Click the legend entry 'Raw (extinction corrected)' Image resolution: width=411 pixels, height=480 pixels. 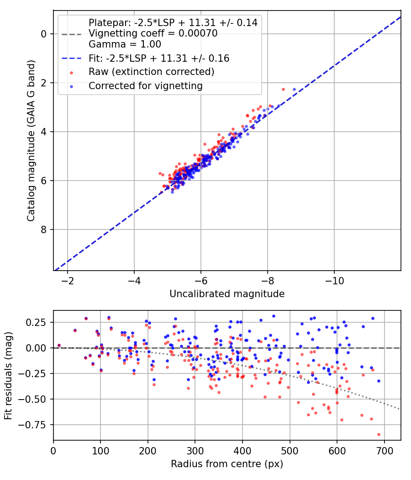(151, 72)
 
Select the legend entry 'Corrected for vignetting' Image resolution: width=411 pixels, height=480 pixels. (145, 85)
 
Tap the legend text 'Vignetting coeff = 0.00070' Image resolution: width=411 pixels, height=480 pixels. (153, 33)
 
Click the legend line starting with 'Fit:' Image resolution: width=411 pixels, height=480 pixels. (158, 58)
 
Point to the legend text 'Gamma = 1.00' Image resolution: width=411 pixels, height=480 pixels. (125, 44)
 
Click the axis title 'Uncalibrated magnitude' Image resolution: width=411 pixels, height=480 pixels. (227, 294)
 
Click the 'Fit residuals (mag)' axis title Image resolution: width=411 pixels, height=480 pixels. (8, 376)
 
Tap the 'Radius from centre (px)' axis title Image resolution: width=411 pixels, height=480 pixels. (227, 464)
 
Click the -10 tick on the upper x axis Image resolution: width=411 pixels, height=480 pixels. (334, 279)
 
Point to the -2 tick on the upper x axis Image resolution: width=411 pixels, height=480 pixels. (68, 279)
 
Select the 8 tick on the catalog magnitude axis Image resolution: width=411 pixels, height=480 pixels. (44, 229)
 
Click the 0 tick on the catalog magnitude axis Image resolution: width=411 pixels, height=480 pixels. (44, 34)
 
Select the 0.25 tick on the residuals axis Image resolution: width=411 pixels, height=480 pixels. (39, 322)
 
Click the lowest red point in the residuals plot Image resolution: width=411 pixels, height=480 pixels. (379, 434)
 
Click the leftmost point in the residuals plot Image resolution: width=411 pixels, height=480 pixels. (59, 345)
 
